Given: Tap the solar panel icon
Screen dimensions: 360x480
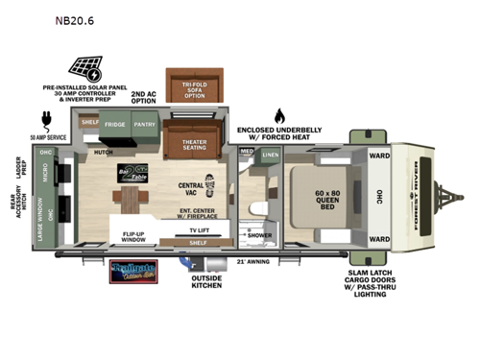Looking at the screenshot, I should click(x=84, y=68).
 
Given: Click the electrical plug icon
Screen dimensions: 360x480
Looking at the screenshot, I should click(x=46, y=118).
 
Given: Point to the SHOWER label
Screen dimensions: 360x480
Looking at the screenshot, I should click(x=259, y=234).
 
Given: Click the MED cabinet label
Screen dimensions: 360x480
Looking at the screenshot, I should click(x=246, y=151).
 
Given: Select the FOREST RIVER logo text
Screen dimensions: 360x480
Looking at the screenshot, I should click(x=439, y=196).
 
